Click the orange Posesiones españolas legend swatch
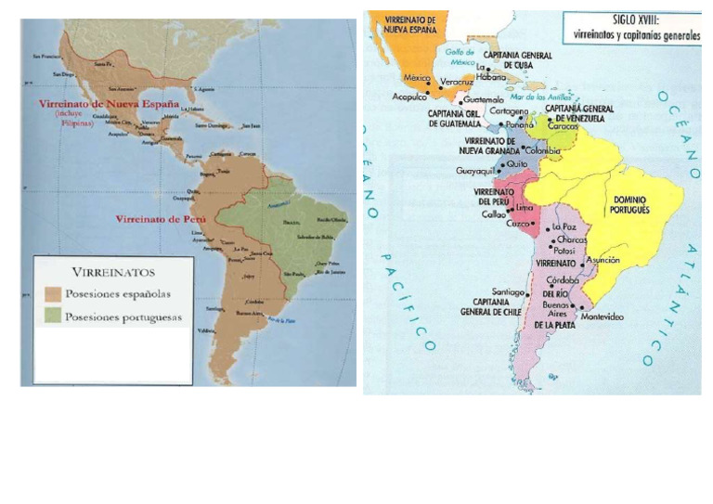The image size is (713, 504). point(54,294)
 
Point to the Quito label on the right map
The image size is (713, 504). point(517,162)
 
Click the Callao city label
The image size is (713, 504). point(493,215)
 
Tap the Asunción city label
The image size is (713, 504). point(602,261)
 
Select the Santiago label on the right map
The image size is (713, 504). point(510,291)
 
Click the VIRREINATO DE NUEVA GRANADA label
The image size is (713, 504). point(491,144)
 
